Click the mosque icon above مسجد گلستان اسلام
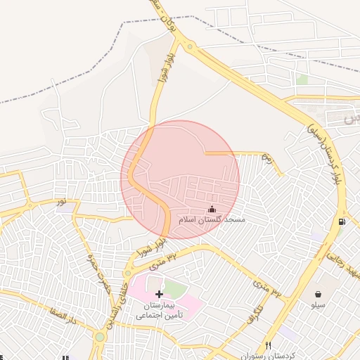pyautogui.click(x=212, y=209)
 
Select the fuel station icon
pyautogui.click(x=342, y=221)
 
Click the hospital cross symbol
pyautogui.click(x=159, y=293)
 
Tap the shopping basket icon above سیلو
pyautogui.click(x=319, y=294)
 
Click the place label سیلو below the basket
pyautogui.click(x=319, y=306)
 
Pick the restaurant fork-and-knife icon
pyautogui.click(x=268, y=345)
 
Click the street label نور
pyautogui.click(x=62, y=202)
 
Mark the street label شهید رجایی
pyautogui.click(x=339, y=265)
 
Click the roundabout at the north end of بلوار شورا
pyautogui.click(x=190, y=47)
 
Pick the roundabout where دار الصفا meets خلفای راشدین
pyautogui.click(x=100, y=337)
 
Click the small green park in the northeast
pyautogui.click(x=302, y=80)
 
